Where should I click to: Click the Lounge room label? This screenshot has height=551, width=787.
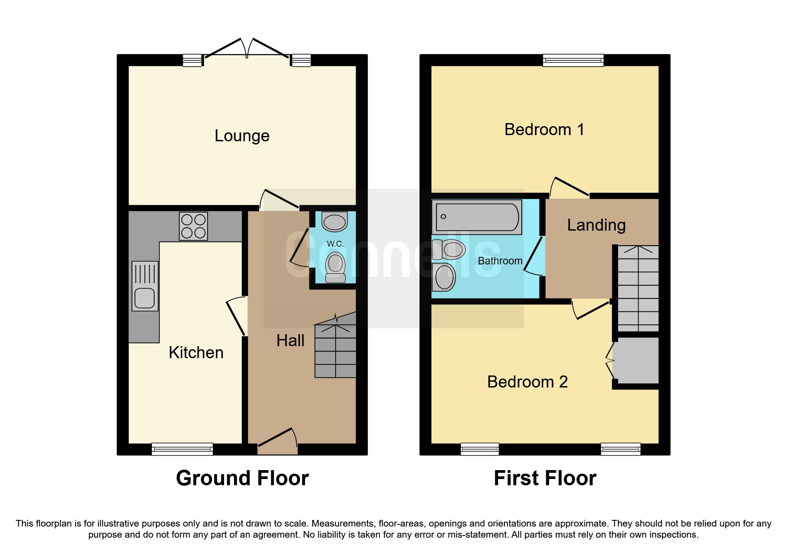[x=242, y=136]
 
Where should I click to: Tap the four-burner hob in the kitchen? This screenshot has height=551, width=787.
[x=193, y=226]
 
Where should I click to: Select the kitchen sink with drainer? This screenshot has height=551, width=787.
[x=145, y=286]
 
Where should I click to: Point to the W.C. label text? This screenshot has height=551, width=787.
[x=335, y=244]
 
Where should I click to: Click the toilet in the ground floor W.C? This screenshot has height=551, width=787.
[x=336, y=267]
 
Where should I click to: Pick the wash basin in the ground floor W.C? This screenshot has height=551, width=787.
[x=335, y=221]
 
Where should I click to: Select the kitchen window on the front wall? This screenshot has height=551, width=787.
[x=182, y=449]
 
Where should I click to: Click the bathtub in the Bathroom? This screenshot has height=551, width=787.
[x=477, y=217]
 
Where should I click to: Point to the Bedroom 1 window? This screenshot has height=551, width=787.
[x=573, y=60]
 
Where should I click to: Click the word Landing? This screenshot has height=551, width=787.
[x=596, y=225]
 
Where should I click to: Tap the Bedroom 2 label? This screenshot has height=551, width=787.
[x=527, y=382]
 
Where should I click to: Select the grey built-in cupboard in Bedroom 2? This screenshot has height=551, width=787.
[x=635, y=360]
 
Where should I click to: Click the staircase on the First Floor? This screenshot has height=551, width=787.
[x=638, y=289]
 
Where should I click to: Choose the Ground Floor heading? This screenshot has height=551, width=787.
[x=242, y=478]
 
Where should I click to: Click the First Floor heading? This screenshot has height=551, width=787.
[x=545, y=478]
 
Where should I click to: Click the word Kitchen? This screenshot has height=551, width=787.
[x=196, y=352]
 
